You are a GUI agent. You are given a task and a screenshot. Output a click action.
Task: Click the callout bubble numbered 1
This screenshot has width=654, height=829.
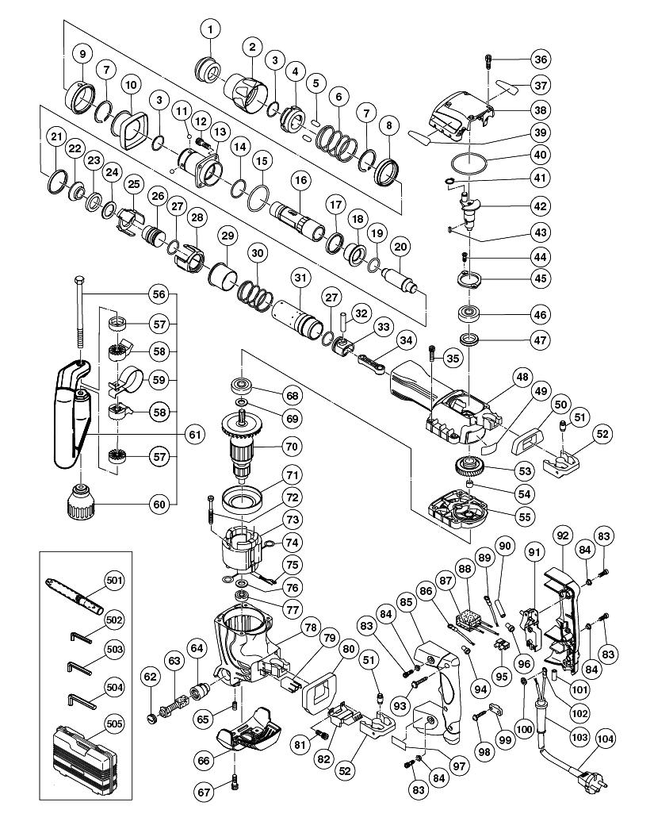[x=211, y=30]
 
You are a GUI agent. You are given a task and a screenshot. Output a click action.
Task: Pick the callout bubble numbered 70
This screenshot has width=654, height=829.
[x=293, y=447]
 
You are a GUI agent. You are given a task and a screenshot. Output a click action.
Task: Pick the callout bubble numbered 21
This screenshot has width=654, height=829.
[x=55, y=137]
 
